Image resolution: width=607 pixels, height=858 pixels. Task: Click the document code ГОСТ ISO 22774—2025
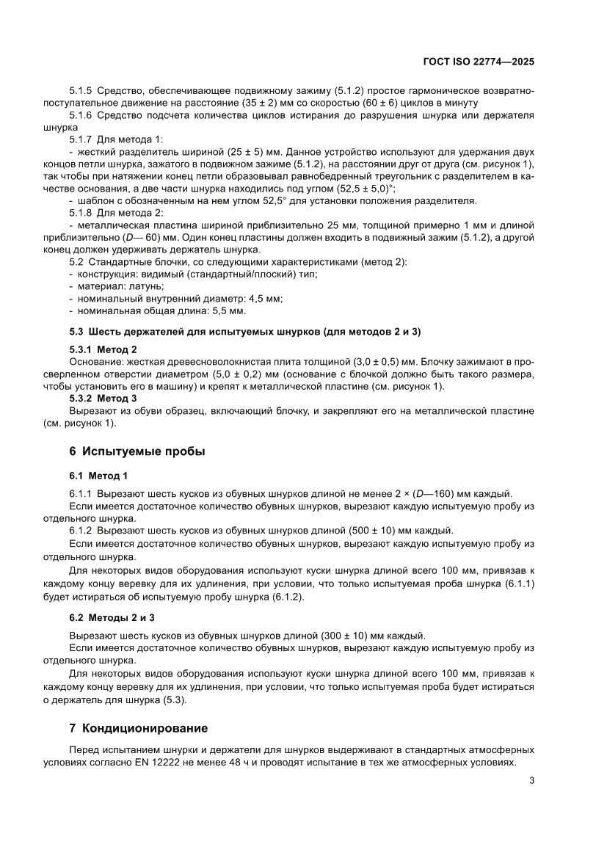point(478,62)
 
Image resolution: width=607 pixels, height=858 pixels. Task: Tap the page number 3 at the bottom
point(531,780)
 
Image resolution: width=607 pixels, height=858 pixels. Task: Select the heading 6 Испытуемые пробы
point(137,451)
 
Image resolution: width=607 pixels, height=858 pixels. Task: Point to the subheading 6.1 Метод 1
point(98,476)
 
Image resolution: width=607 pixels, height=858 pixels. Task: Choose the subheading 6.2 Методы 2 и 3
point(112,618)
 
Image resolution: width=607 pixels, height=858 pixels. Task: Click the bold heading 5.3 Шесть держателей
point(244,332)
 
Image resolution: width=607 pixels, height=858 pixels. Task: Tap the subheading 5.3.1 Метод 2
point(103,349)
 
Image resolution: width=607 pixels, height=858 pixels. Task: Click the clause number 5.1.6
point(81,115)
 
